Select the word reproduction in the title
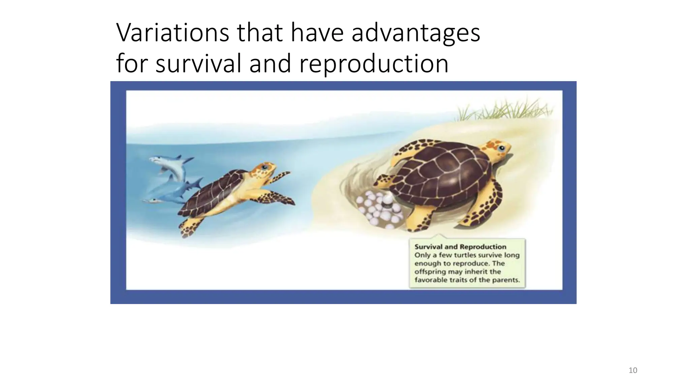point(374,64)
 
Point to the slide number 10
point(633,370)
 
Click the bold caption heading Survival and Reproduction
point(460,247)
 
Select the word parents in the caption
point(505,280)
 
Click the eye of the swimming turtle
point(265,167)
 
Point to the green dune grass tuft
point(505,109)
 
